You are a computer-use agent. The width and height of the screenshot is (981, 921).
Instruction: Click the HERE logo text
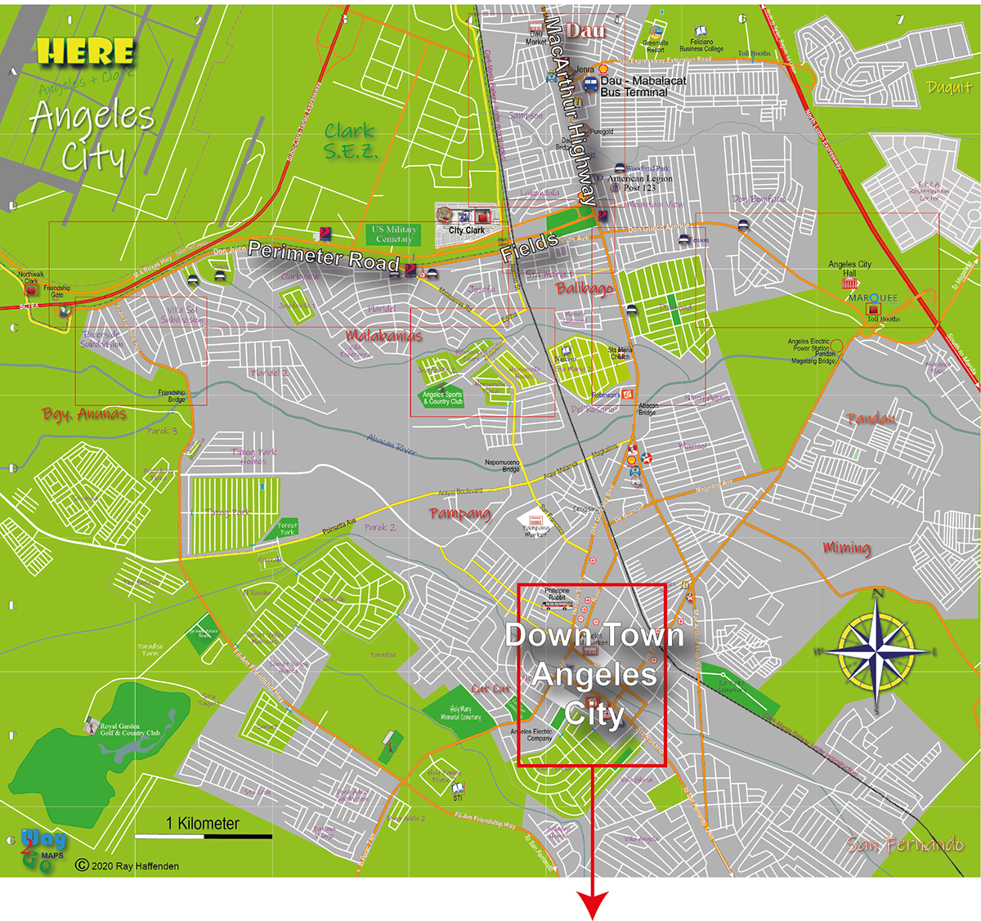point(85,52)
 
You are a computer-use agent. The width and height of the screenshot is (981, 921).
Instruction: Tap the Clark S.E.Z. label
point(350,141)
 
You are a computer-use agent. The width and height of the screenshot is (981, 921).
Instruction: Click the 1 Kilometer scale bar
point(203,835)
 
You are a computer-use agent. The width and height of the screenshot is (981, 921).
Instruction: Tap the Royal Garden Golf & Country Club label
point(130,729)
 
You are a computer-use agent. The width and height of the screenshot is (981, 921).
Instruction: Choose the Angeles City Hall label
point(849,268)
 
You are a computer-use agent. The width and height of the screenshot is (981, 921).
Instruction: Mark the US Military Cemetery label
point(395,234)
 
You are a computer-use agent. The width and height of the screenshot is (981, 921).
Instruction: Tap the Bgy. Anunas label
point(84,414)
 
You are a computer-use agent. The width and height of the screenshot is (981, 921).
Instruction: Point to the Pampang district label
point(460,513)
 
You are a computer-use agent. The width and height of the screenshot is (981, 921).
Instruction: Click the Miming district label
point(847,548)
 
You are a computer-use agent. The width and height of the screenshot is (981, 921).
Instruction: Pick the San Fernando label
point(904,843)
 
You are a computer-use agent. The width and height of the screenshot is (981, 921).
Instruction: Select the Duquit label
point(948,87)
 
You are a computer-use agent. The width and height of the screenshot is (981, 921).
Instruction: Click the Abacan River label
point(392,444)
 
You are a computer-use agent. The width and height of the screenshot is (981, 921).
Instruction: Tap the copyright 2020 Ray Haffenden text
point(127,865)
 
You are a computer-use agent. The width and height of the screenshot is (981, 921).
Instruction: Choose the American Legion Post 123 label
point(640,183)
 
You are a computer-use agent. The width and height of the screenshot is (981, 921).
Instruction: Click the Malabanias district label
point(383,335)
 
